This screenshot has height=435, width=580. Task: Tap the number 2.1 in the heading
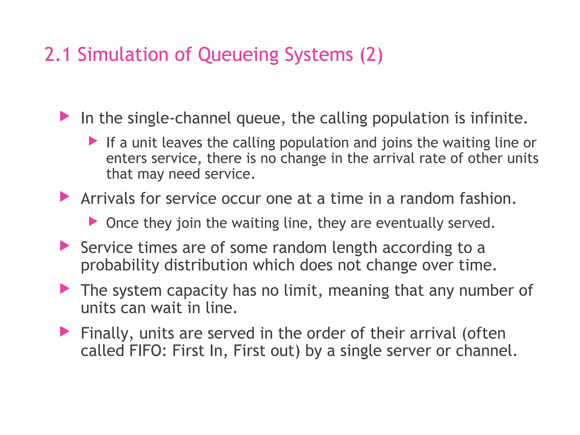57,55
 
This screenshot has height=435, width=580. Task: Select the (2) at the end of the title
371,55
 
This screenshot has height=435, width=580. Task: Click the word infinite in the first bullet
499,118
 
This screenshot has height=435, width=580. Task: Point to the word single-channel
179,118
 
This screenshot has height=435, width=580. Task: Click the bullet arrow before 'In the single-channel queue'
65,116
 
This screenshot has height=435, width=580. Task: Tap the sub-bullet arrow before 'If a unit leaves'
93,141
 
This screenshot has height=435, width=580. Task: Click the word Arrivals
108,199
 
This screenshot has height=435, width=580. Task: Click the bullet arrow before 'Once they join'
93,221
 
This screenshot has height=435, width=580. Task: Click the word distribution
206,265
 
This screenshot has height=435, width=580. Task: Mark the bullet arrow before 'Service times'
65,246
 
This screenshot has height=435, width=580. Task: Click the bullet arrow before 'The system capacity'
65,289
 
